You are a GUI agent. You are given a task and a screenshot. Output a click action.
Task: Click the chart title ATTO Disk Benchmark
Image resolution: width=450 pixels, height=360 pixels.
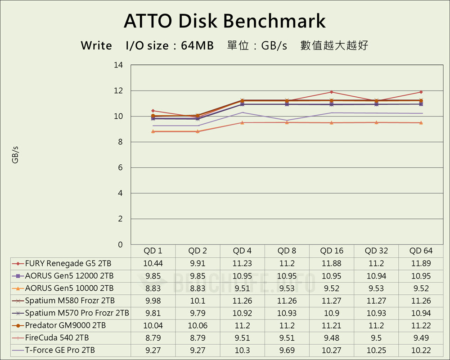coord(225,21)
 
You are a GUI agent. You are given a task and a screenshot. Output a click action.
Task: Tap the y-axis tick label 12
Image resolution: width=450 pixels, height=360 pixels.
coord(118,91)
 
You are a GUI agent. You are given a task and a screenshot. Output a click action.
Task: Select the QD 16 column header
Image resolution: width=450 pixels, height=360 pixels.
coord(332,251)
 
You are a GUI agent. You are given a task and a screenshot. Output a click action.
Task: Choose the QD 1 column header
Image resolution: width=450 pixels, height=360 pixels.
coord(153,251)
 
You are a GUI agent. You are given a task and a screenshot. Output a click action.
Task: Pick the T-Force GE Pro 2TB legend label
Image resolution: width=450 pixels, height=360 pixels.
coord(60,350)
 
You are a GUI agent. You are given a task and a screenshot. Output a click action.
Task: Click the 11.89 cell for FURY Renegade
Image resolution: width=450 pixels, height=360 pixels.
coord(421,263)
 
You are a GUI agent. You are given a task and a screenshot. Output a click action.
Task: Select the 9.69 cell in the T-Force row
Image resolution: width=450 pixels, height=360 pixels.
coord(287,350)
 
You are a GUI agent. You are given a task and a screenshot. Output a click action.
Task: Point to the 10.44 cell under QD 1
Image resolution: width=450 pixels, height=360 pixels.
coord(153,263)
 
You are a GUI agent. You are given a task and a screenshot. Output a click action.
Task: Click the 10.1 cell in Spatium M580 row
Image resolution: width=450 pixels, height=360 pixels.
coord(198,301)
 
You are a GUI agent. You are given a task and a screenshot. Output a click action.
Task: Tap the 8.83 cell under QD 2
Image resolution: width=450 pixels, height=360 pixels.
coord(198,288)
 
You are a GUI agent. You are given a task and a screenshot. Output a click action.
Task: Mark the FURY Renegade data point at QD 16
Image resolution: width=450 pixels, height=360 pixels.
coord(332,92)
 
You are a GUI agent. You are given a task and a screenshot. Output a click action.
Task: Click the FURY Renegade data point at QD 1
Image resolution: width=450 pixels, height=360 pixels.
coord(153,111)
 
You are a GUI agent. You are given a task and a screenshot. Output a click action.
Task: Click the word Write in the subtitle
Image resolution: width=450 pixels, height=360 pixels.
coord(96,46)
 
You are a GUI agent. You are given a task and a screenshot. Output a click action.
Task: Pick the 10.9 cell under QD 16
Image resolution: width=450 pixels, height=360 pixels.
coord(332,313)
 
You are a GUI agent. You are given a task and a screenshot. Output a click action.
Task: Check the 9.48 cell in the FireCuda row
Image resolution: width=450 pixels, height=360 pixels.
coord(332,337)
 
